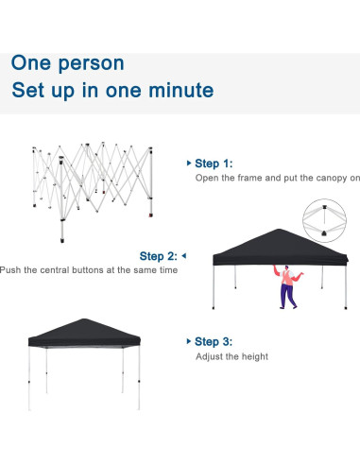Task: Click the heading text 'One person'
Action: [x=67, y=62]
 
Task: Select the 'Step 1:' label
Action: [x=214, y=163]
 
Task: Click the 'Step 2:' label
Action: [x=158, y=256]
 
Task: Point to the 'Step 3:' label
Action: [x=214, y=341]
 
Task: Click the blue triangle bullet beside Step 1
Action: [x=188, y=163]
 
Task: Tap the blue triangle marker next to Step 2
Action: [x=183, y=255]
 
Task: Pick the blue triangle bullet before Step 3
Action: [x=188, y=341]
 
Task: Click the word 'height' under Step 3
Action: [x=254, y=356]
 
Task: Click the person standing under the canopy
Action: [x=287, y=288]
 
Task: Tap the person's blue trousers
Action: [x=286, y=298]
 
